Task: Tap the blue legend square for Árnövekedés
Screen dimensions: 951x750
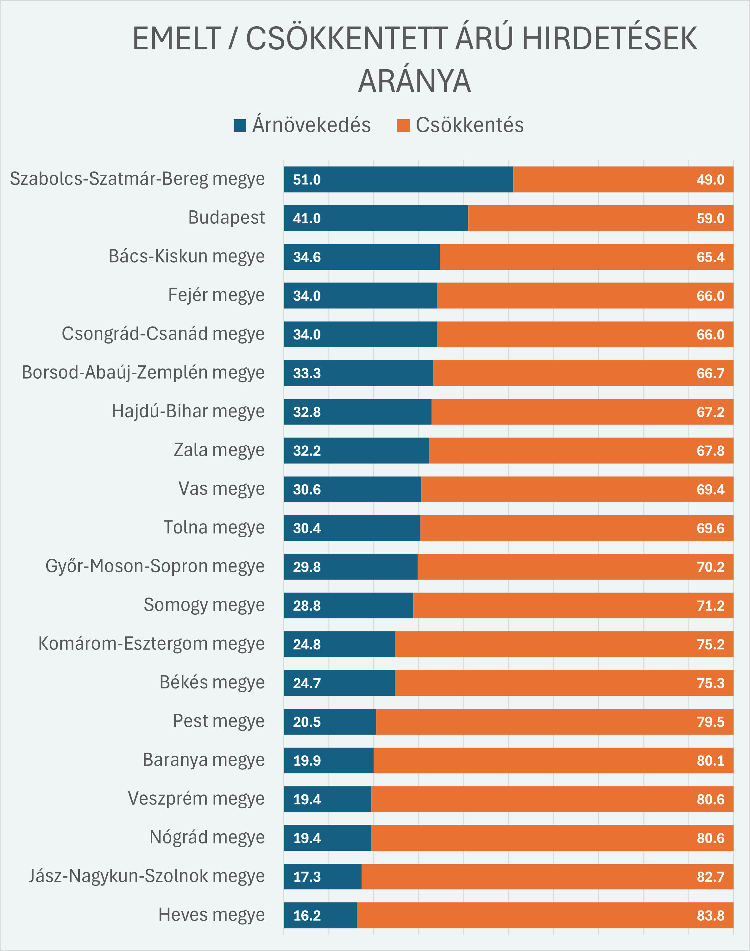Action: pos(240,126)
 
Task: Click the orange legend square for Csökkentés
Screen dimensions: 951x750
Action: pos(403,126)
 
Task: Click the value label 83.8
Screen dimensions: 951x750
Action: pos(710,916)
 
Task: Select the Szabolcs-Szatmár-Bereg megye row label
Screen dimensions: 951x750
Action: pos(137,179)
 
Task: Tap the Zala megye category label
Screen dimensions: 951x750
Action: pos(219,450)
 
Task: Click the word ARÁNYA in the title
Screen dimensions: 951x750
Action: pos(414,82)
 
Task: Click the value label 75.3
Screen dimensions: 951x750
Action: pos(710,683)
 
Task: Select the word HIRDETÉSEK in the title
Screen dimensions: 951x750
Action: pos(609,39)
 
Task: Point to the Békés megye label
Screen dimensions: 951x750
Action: pos(212,682)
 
